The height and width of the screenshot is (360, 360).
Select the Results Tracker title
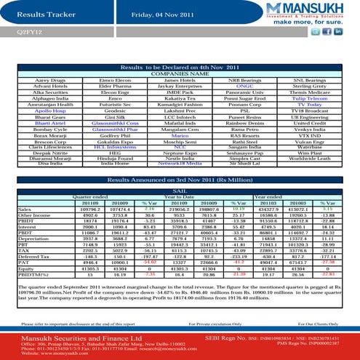click(x=41, y=14)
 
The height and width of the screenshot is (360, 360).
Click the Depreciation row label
click(x=31, y=236)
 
